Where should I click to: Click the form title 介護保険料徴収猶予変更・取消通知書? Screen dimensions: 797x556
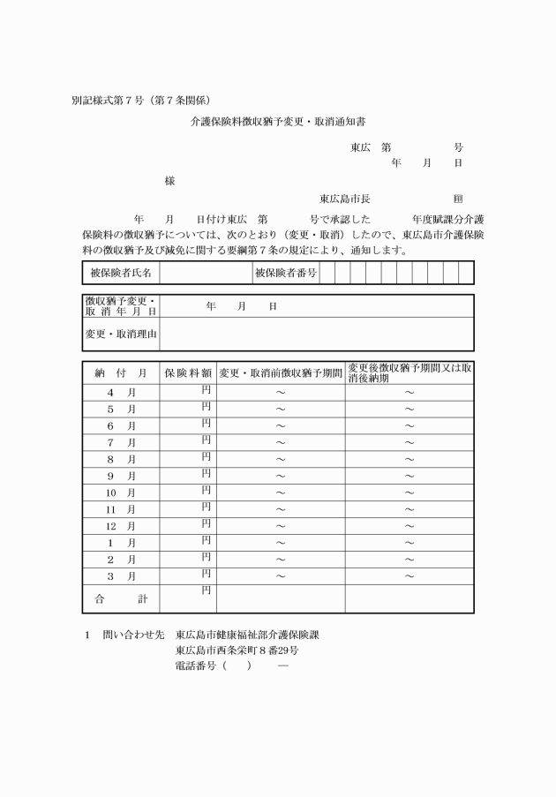tap(277, 124)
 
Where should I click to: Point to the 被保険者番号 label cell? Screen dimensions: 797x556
tap(285, 273)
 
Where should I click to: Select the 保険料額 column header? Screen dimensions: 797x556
tap(188, 373)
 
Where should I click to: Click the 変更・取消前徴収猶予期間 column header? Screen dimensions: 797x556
tap(281, 373)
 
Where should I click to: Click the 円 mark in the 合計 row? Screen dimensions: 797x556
tap(206, 590)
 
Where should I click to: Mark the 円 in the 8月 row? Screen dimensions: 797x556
tap(206, 456)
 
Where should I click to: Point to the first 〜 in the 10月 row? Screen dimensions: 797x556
tap(281, 493)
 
